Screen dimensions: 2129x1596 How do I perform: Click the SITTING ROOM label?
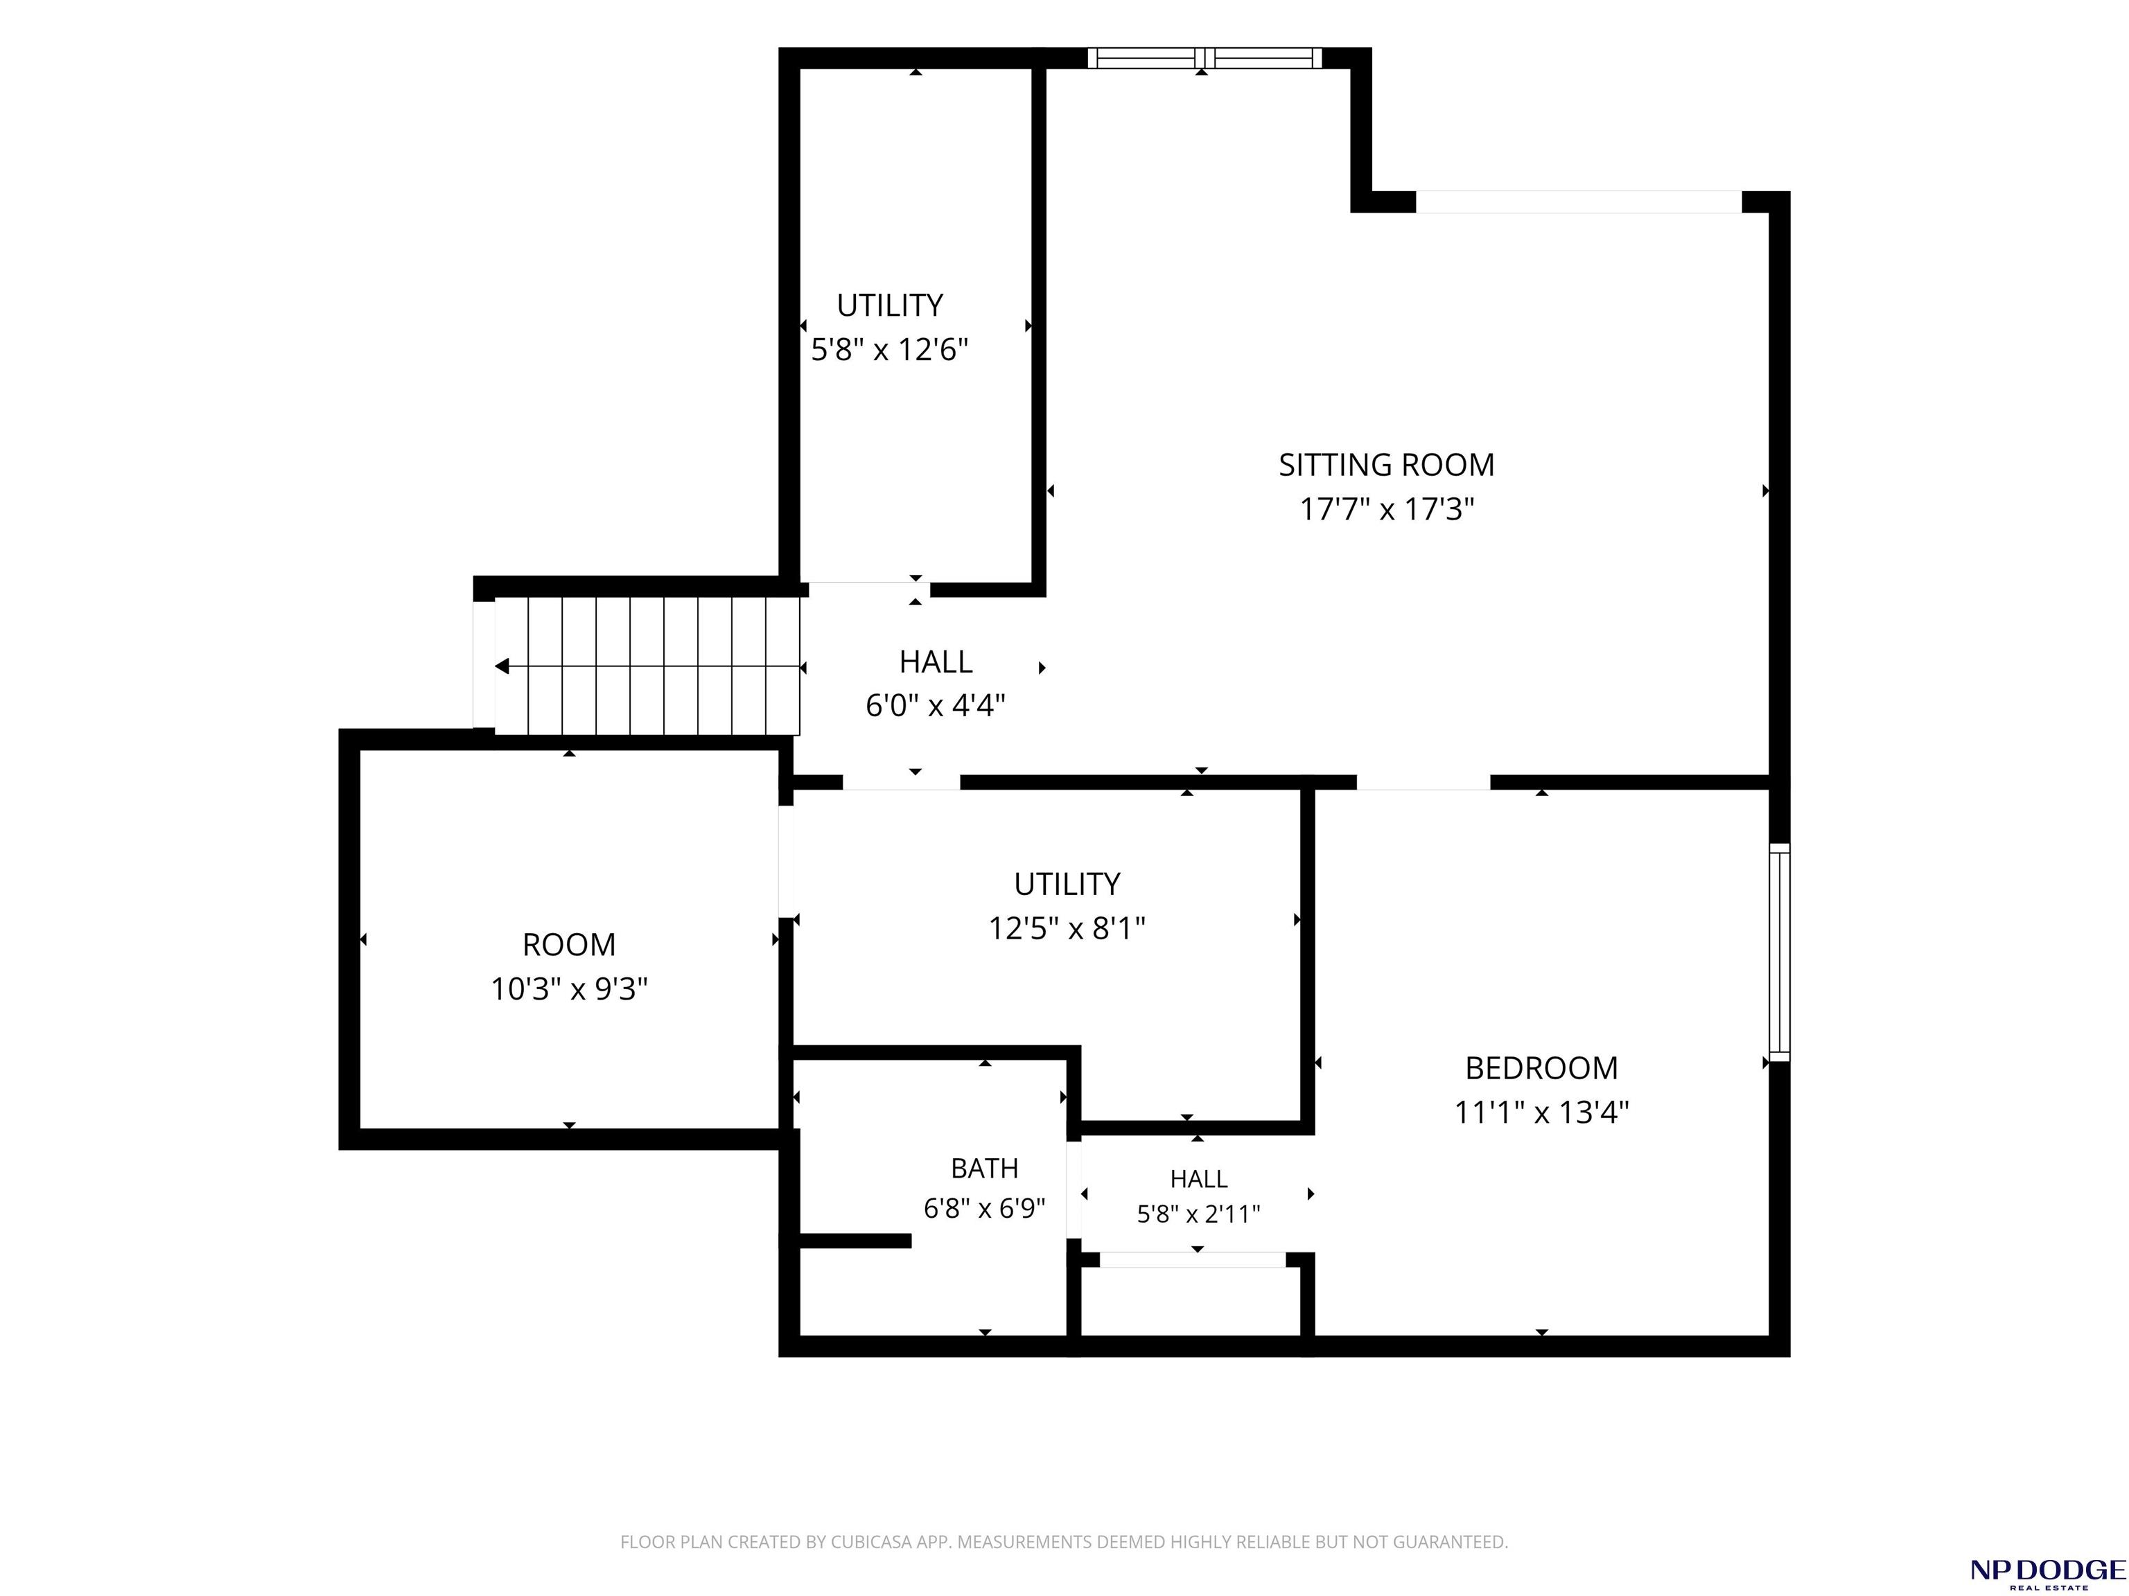point(1386,465)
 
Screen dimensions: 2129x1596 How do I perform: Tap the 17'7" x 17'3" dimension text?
point(1387,509)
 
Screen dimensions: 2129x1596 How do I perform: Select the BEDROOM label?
point(1541,1068)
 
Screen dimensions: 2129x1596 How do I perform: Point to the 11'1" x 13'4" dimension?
point(1541,1112)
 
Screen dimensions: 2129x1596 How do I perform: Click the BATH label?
point(983,1168)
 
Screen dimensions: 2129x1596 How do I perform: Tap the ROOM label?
point(569,945)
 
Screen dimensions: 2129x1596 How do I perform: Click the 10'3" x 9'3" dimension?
point(569,989)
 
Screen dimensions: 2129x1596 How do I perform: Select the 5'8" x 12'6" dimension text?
point(889,349)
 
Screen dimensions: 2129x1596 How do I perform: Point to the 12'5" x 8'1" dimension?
point(1067,928)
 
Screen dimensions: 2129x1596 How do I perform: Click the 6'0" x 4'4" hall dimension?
point(936,706)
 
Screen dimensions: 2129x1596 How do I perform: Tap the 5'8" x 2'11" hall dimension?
point(1198,1214)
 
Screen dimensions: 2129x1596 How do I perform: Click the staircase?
point(647,666)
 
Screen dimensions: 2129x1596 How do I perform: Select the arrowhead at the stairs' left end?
point(502,666)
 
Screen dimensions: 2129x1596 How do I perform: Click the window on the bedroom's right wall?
point(1780,952)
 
